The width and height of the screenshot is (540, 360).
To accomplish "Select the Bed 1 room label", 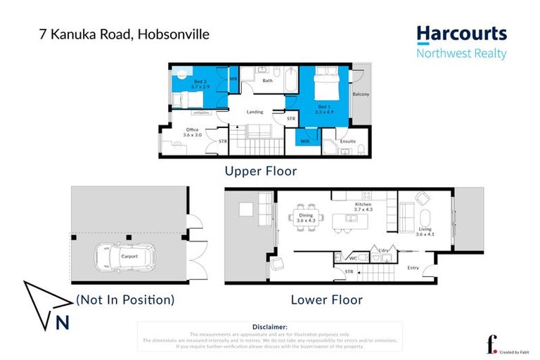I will click(322, 108).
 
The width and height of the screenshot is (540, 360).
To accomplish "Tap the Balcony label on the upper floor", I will click(361, 94).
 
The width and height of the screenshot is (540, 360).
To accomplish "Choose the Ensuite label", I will click(347, 141).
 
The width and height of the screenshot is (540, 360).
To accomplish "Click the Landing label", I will click(254, 111).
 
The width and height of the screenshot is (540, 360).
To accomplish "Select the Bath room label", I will click(267, 80).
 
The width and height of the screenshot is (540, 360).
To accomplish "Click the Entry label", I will click(413, 267).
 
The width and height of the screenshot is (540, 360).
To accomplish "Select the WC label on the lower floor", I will click(354, 258).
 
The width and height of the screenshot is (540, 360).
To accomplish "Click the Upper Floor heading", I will click(260, 171).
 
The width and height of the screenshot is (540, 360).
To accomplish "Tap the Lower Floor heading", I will click(327, 300).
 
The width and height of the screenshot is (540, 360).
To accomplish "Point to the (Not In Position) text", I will click(124, 300).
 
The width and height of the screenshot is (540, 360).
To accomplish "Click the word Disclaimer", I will click(270, 327).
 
